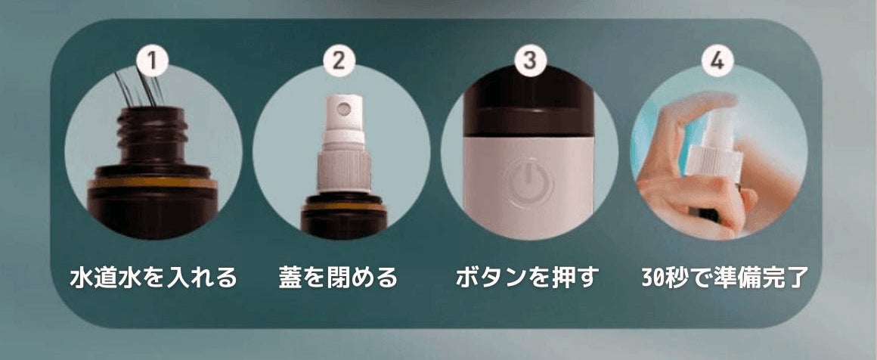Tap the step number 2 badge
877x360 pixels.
point(339,61)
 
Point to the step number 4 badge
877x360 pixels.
point(717,61)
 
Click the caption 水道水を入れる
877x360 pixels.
point(153,277)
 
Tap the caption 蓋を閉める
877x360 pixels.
point(339,277)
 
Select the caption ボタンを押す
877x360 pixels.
point(528,277)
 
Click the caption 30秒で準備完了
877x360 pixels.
point(725,277)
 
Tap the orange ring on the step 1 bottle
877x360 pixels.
point(153,183)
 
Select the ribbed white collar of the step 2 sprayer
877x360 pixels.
point(344,172)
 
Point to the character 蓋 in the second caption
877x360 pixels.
point(290,277)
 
